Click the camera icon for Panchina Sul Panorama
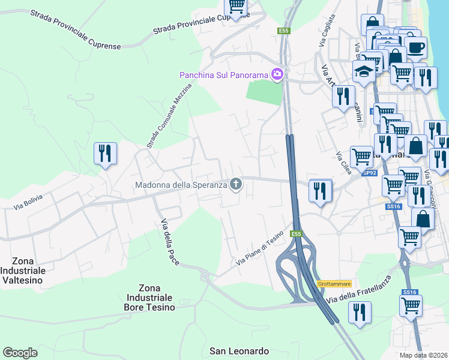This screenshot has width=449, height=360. tap(277, 74)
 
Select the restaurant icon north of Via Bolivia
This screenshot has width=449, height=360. tap(105, 154)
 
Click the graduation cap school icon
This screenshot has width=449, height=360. tap(364, 71)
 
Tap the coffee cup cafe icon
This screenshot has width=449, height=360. tap(415, 46)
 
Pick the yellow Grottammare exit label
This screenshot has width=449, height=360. tap(334, 284)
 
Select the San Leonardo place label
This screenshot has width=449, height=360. tap(239, 350)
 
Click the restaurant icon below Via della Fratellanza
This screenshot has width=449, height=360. tap(360, 313)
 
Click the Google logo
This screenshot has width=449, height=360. tap(20, 353)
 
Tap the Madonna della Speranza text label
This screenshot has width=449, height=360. tap(181, 184)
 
